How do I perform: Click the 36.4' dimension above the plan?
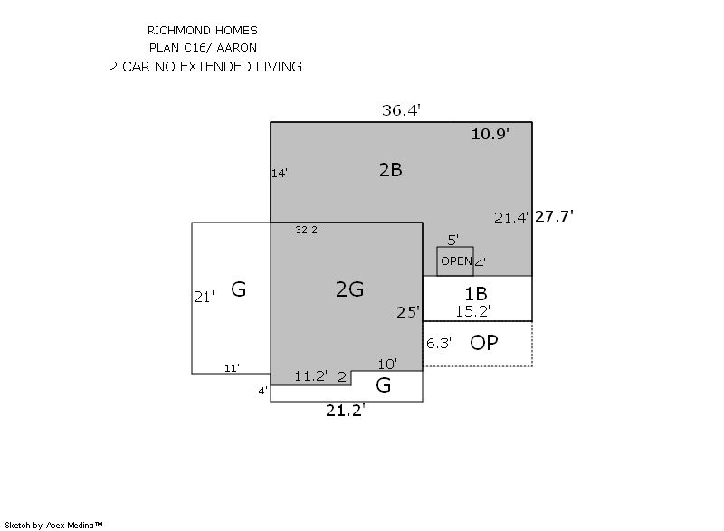click(401, 110)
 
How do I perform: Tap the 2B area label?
click(391, 170)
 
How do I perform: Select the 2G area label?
click(349, 289)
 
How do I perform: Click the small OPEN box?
click(455, 261)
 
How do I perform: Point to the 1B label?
click(475, 293)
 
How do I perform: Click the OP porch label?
click(484, 343)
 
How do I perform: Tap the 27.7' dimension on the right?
click(554, 216)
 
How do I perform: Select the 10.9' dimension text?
click(490, 134)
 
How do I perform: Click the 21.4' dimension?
click(510, 218)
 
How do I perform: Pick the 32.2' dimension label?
click(308, 229)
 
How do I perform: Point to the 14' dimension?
click(280, 173)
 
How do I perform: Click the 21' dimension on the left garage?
click(204, 297)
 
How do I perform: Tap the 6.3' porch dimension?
click(439, 343)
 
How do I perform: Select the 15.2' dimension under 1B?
click(472, 311)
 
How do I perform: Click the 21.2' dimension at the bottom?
click(346, 410)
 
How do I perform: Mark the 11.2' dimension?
click(311, 376)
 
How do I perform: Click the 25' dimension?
click(408, 312)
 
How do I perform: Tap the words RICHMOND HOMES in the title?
click(202, 31)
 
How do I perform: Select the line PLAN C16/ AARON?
click(203, 48)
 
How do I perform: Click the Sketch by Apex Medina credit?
click(53, 525)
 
